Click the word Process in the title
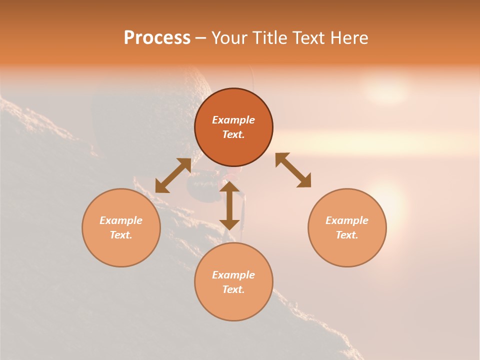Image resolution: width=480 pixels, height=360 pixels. (x=157, y=38)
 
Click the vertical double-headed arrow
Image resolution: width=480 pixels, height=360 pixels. (x=229, y=205)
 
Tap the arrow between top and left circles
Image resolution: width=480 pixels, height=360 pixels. (x=173, y=175)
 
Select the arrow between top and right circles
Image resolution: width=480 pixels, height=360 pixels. (x=293, y=170)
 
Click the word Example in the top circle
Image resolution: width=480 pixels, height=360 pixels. (x=233, y=120)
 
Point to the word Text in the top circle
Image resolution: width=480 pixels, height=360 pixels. (x=233, y=134)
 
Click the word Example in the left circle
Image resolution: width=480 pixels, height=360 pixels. (x=121, y=220)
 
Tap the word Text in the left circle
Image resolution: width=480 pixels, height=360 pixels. (x=121, y=235)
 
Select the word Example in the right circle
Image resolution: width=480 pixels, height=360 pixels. (x=347, y=220)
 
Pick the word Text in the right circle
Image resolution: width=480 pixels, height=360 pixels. (x=347, y=235)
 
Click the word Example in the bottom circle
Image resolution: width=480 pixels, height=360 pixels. (x=233, y=275)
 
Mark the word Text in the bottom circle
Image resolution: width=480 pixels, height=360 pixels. (x=233, y=289)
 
